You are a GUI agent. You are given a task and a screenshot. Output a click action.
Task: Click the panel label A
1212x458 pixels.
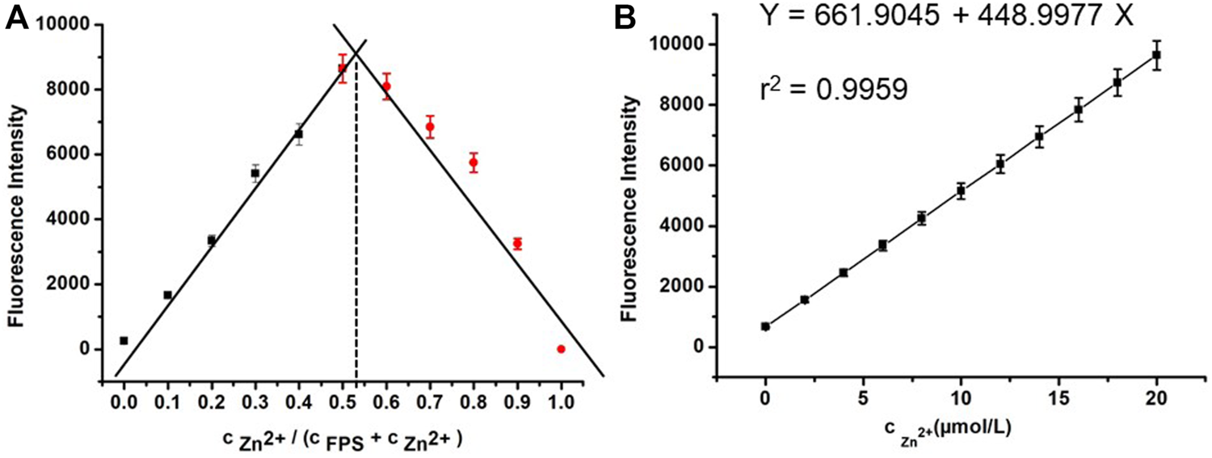pos(18,18)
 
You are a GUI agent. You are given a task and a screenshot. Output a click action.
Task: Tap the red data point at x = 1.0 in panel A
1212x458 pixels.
pos(561,349)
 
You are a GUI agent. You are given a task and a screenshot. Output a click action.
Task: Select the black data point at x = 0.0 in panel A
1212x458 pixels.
pos(124,341)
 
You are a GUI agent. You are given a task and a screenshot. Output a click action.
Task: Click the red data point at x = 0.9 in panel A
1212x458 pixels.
pos(517,243)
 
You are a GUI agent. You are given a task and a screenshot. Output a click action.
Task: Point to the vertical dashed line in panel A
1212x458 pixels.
pos(356,242)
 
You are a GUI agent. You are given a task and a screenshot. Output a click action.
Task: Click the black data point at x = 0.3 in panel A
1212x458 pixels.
pos(255,173)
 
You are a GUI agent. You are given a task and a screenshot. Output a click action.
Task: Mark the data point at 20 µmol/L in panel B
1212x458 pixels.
pos(1156,55)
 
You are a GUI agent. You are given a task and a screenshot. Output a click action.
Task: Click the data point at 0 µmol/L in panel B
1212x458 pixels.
pos(765,326)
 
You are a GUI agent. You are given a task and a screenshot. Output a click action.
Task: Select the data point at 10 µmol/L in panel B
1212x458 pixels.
pos(961,191)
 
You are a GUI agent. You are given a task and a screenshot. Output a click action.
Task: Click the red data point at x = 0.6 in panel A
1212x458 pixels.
pos(386,86)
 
